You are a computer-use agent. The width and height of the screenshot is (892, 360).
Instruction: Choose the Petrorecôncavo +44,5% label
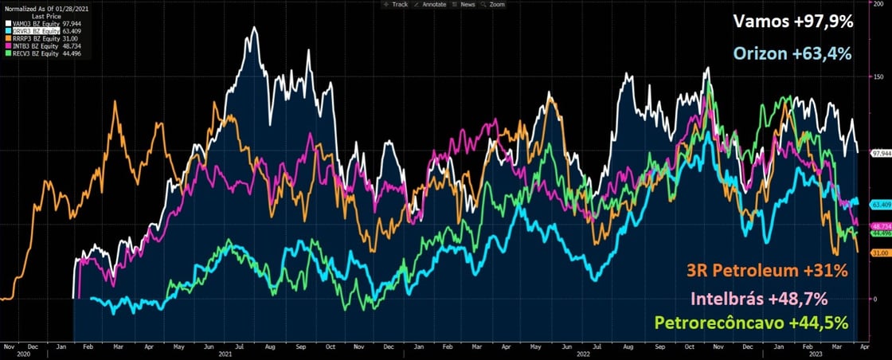750,323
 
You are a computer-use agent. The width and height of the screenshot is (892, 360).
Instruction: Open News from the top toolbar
467,4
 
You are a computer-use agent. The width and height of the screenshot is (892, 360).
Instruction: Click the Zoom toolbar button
496,4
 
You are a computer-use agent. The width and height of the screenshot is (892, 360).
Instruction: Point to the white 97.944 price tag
879,152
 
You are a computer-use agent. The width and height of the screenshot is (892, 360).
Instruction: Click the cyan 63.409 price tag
879,205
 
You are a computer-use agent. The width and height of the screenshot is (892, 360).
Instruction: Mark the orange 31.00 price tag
879,252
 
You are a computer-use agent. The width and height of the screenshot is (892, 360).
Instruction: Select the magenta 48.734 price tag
879,226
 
